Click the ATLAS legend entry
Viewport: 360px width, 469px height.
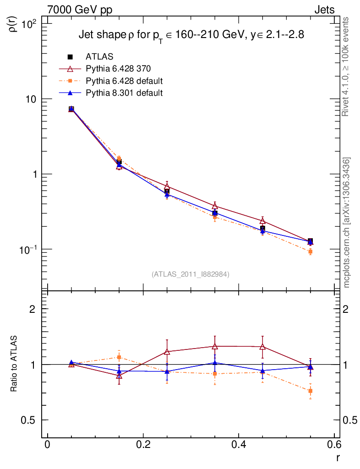pos(99,57)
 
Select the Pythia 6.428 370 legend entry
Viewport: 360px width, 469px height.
pos(118,69)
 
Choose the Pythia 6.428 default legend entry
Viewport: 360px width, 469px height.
pos(124,81)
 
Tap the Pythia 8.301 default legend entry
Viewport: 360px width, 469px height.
pos(124,93)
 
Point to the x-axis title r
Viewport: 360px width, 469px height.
pos(338,458)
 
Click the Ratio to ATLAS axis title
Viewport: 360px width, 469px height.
pos(14,364)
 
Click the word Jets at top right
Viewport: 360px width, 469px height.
pos(324,10)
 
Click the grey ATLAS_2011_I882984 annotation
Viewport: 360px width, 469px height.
pos(191,274)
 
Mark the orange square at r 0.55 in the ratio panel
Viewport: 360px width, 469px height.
pos(310,391)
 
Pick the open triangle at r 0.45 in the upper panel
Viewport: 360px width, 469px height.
pos(262,222)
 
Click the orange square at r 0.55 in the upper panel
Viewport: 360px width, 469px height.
pos(310,251)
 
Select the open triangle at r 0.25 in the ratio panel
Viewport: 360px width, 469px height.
pos(167,352)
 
